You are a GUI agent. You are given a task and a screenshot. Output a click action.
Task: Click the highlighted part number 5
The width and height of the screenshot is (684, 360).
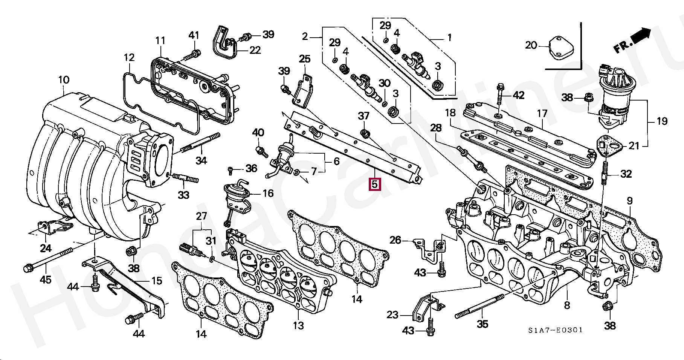(x=374, y=185)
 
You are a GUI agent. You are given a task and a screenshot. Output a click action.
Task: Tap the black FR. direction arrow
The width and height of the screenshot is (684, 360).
(x=640, y=35)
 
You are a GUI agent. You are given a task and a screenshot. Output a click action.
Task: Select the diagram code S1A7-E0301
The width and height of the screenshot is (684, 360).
(x=555, y=330)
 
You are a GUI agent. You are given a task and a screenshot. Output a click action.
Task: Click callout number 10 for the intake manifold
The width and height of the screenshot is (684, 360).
(x=64, y=80)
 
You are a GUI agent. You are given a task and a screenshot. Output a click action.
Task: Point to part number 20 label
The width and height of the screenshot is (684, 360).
(x=531, y=45)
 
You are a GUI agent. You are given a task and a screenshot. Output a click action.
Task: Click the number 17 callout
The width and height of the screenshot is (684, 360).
(x=542, y=113)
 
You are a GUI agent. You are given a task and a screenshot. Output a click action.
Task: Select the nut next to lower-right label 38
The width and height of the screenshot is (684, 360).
(x=607, y=307)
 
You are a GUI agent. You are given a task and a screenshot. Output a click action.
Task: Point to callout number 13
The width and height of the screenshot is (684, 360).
(x=298, y=325)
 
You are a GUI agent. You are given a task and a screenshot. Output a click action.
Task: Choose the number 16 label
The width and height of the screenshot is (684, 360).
(x=268, y=194)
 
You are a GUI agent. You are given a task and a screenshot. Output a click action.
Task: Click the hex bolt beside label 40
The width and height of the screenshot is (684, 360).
(x=261, y=152)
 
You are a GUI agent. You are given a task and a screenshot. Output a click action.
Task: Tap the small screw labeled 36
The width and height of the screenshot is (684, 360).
(x=231, y=171)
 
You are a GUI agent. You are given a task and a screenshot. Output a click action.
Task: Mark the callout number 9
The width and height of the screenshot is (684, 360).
(x=630, y=201)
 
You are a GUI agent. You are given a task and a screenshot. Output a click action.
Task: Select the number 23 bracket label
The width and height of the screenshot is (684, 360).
(x=392, y=314)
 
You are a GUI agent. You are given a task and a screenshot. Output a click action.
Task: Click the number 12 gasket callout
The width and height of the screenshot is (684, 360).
(x=129, y=57)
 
